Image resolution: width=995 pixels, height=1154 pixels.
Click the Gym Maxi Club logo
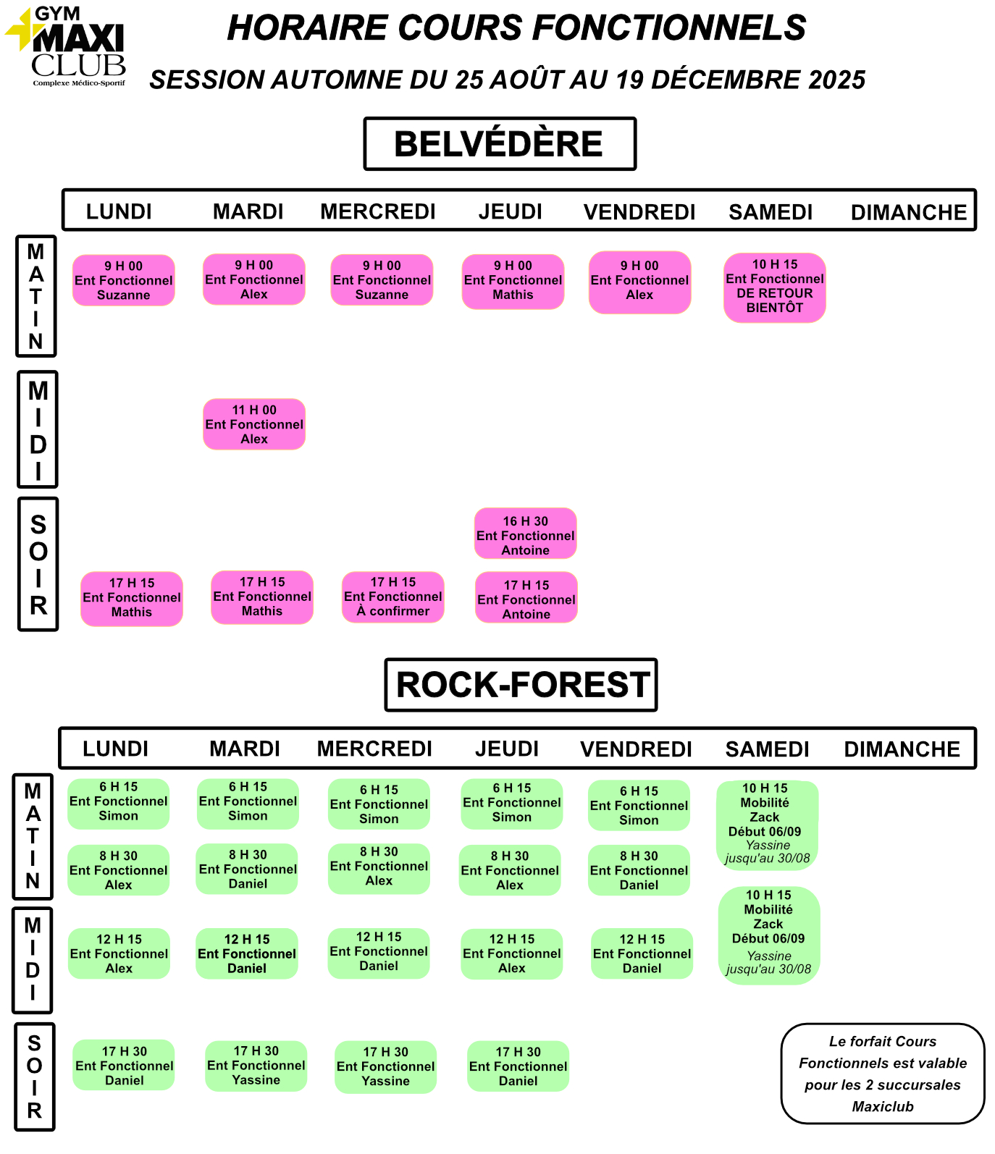pyautogui.click(x=67, y=47)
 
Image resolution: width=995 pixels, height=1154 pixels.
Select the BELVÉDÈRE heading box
pyautogui.click(x=500, y=143)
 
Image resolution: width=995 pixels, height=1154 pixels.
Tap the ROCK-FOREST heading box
pyautogui.click(x=521, y=684)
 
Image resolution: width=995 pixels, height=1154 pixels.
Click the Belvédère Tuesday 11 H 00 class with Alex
pyautogui.click(x=254, y=424)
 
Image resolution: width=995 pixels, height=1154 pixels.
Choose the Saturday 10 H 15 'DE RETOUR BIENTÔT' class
pyautogui.click(x=775, y=287)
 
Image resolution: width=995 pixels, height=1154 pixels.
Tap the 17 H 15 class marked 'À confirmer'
pyautogui.click(x=393, y=597)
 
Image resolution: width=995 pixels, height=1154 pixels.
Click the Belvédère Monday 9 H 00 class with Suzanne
pyautogui.click(x=124, y=280)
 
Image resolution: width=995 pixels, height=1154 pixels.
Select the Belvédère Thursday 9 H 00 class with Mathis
pyautogui.click(x=513, y=281)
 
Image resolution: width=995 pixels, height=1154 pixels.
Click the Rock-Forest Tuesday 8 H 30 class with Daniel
pyautogui.click(x=248, y=869)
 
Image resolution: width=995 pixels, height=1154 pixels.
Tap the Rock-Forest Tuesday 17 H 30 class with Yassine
pyautogui.click(x=256, y=1066)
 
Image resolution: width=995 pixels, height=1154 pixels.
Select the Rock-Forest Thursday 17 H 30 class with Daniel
pyautogui.click(x=519, y=1066)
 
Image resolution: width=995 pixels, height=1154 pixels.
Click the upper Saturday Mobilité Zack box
pyautogui.click(x=768, y=825)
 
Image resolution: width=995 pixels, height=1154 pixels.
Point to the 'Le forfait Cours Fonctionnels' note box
pyautogui.click(x=883, y=1074)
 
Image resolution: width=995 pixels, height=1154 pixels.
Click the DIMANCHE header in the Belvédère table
pyautogui.click(x=909, y=212)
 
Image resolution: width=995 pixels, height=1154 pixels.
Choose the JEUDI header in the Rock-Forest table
pyautogui.click(x=507, y=749)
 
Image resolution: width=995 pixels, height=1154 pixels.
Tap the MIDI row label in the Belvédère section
pyautogui.click(x=38, y=429)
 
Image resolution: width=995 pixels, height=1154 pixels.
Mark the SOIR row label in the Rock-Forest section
pyautogui.click(x=35, y=1077)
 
